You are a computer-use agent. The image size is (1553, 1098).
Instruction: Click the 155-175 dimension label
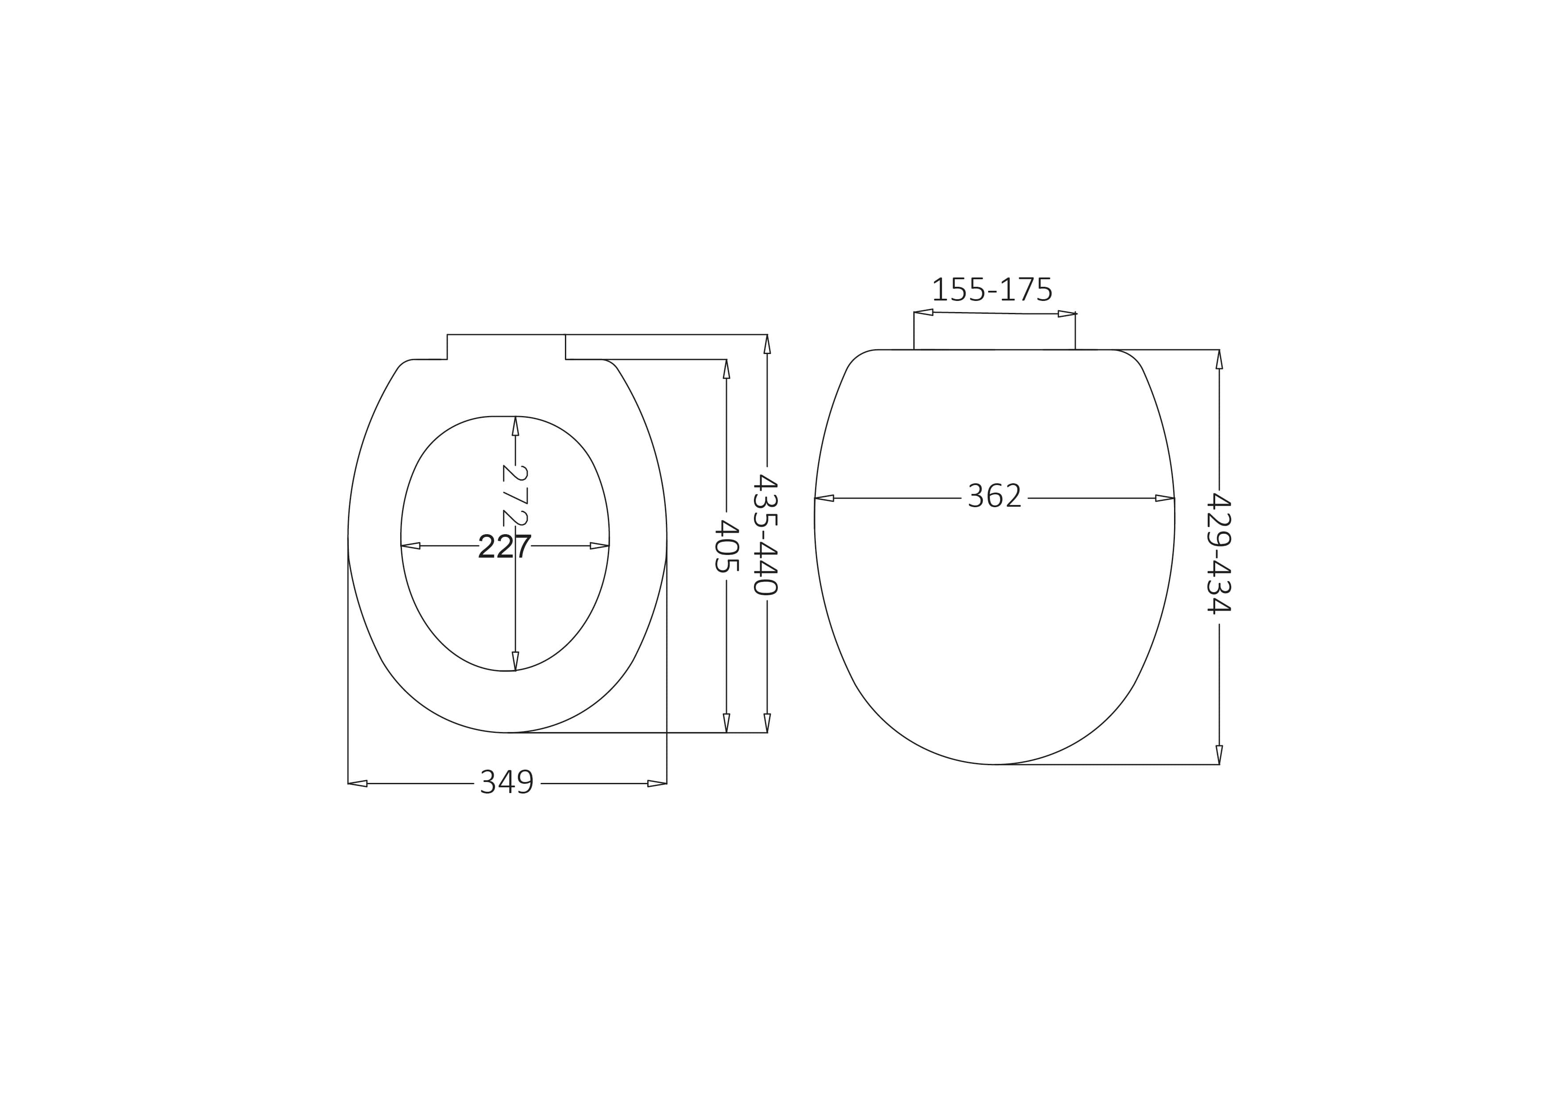[992, 290]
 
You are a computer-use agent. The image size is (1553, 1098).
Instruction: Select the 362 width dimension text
[994, 496]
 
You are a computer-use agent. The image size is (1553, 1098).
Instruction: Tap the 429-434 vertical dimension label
[1219, 553]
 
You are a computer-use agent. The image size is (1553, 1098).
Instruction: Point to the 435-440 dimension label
[766, 534]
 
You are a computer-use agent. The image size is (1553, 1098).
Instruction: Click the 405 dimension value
[726, 546]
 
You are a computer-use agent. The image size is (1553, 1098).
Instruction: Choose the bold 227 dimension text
[505, 546]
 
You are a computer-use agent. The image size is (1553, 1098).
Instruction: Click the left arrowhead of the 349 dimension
[358, 784]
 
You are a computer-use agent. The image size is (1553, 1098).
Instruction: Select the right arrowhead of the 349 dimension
[657, 784]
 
